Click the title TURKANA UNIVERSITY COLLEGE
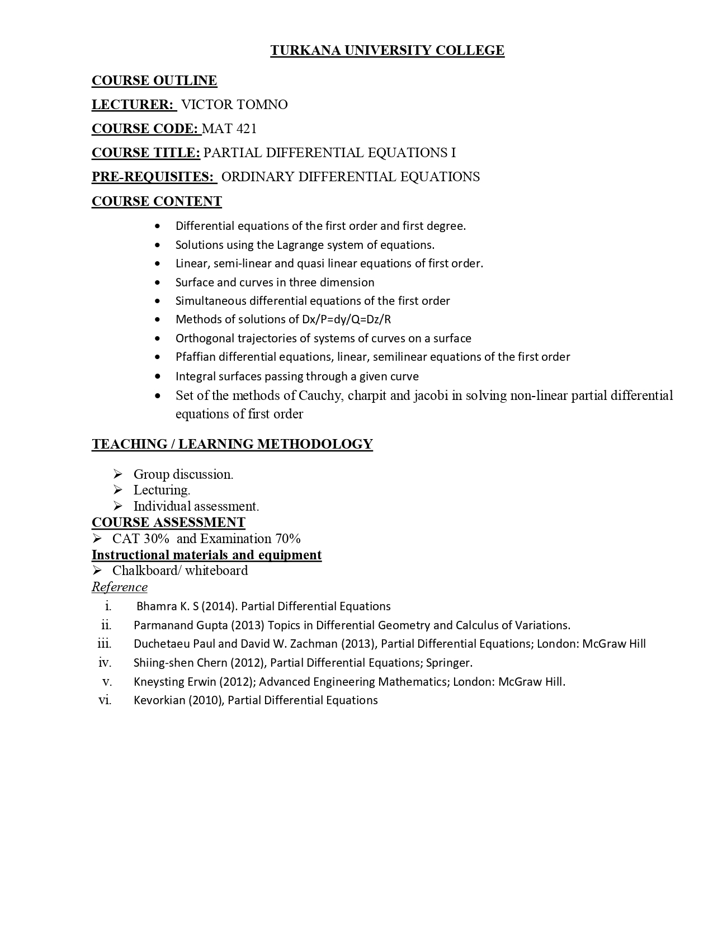387,50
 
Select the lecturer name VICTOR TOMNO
234,105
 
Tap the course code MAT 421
229,129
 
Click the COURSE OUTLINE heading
154,81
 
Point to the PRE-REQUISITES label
153,177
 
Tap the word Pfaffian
195,357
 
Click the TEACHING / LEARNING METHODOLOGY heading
232,444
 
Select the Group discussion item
183,474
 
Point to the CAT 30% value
140,539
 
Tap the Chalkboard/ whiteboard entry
180,571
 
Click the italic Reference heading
120,587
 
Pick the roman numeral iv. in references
105,663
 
